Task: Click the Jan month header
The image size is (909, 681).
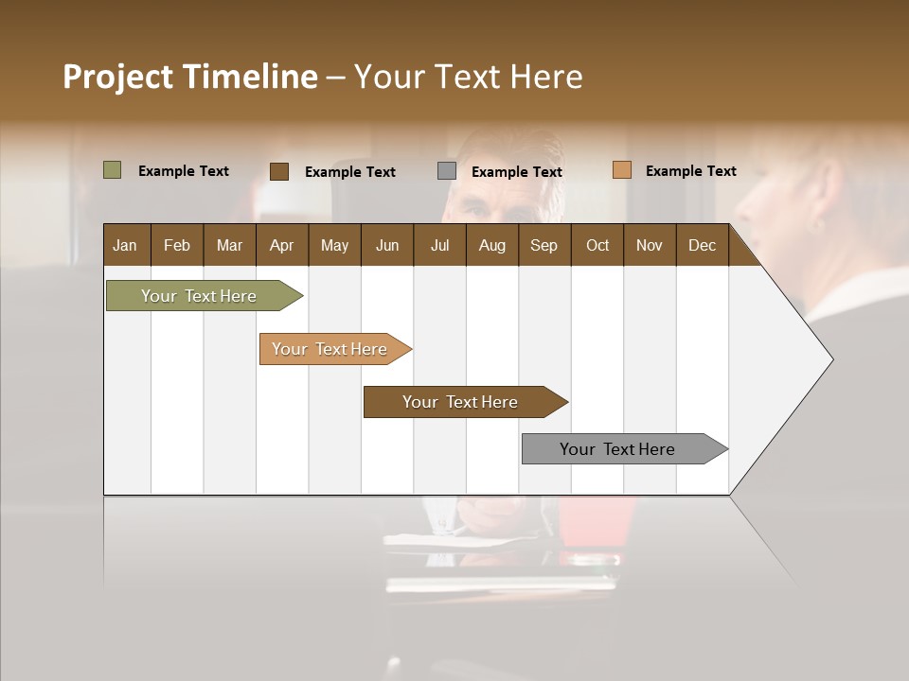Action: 125,245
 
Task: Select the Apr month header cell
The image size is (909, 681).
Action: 281,245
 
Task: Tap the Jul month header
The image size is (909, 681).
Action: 439,245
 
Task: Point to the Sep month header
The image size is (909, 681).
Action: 544,245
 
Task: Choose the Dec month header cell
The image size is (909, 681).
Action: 702,245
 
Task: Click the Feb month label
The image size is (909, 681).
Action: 177,245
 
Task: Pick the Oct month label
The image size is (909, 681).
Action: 597,245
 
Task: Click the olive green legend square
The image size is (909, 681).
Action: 112,170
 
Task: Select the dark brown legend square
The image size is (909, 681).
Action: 279,171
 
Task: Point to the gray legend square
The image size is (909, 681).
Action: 447,171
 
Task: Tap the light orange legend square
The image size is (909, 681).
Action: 621,170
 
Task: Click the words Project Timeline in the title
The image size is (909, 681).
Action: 190,77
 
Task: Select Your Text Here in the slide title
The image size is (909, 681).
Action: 468,77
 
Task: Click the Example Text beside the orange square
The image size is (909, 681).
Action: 690,171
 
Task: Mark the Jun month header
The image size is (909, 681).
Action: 387,245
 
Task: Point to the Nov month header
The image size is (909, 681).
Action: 650,245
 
